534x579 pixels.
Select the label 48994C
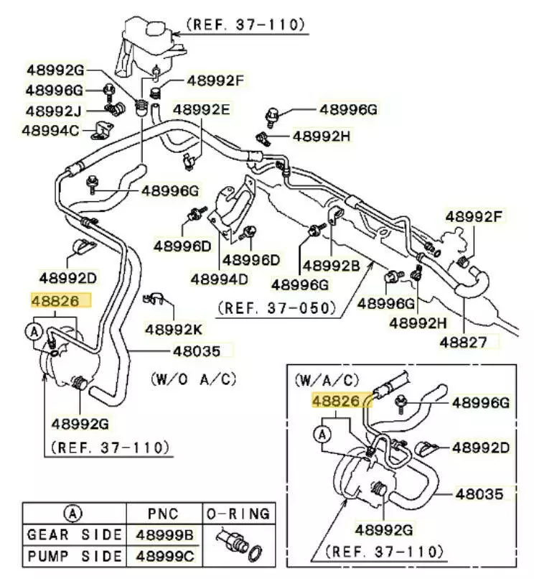[x=51, y=131]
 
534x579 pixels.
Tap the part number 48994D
[x=219, y=277]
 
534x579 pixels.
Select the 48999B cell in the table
[x=164, y=535]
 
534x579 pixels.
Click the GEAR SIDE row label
[x=74, y=535]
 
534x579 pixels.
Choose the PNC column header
[x=164, y=514]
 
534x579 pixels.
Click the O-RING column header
[x=238, y=514]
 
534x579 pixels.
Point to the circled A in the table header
[x=73, y=514]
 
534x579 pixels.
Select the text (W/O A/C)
[x=193, y=378]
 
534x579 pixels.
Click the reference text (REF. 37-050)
[x=276, y=308]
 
